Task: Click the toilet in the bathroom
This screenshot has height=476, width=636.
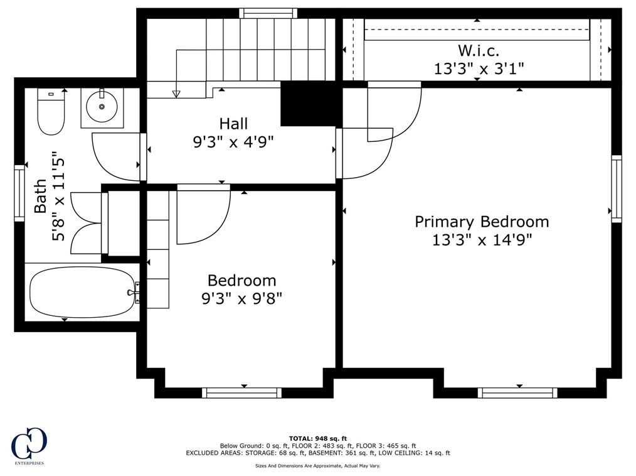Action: tap(51, 111)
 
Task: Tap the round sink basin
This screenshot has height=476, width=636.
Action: tap(102, 106)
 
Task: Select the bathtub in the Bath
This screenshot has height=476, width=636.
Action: tap(82, 291)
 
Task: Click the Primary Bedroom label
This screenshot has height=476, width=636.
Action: tap(482, 222)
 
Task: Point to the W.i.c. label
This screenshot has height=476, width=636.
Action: tap(479, 51)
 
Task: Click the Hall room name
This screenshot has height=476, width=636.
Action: tap(233, 124)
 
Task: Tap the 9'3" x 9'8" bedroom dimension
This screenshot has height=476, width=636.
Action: tap(241, 299)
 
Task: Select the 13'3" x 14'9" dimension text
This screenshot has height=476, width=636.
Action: tap(482, 240)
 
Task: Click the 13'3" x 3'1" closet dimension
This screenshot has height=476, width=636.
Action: tap(479, 68)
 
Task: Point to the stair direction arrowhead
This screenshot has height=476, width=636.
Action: tap(176, 94)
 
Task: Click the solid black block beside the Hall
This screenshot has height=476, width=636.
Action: tap(310, 104)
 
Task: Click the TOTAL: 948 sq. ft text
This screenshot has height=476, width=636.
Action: tap(318, 438)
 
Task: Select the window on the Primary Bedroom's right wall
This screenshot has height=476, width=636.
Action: tap(617, 188)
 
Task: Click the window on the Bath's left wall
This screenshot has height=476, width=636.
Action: tap(19, 193)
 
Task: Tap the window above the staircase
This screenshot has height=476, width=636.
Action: tap(268, 13)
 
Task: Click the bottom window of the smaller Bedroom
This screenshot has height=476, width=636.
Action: tap(241, 392)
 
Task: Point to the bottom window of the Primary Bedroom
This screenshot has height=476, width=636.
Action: tap(517, 392)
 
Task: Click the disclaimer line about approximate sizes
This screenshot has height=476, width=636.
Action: tap(318, 466)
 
